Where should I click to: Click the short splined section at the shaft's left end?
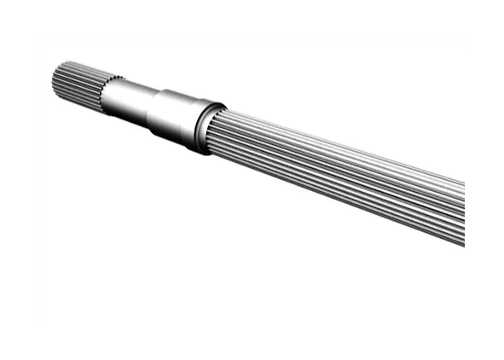(78, 83)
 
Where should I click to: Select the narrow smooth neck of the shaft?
(128, 98)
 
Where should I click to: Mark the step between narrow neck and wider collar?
(154, 106)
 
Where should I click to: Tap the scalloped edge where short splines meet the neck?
(104, 90)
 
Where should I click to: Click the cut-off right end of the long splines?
(461, 213)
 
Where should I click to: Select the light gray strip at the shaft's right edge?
(467, 215)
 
